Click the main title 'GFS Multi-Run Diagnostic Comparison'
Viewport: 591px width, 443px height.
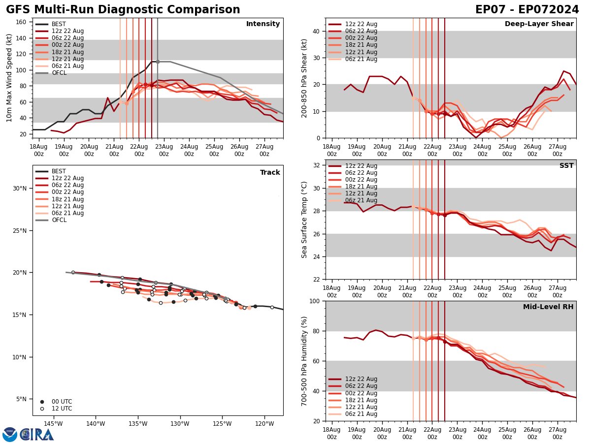(x=123, y=10)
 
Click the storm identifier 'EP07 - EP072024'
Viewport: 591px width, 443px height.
(x=527, y=10)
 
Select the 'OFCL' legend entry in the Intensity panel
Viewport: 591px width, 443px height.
(x=60, y=73)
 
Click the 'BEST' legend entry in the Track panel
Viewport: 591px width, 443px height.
(x=59, y=171)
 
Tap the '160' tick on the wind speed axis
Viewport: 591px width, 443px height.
(x=23, y=22)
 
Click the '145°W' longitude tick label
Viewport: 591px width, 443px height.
(x=53, y=424)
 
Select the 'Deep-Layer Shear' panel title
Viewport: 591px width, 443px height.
(x=539, y=24)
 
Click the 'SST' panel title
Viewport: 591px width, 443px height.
(x=566, y=166)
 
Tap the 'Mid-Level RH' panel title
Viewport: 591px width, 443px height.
(x=548, y=307)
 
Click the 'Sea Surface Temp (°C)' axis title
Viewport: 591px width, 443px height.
(x=304, y=220)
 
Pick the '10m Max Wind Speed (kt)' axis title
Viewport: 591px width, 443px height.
(x=9, y=78)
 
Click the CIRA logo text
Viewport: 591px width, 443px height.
(x=37, y=435)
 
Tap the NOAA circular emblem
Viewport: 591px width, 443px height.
(x=10, y=435)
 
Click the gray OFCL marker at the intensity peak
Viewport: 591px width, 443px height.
(x=158, y=62)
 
